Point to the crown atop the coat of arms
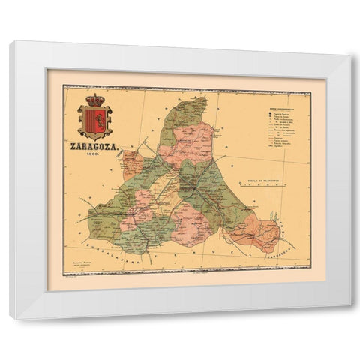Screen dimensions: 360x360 pos(94,99)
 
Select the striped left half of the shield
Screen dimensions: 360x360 pos(91,118)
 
